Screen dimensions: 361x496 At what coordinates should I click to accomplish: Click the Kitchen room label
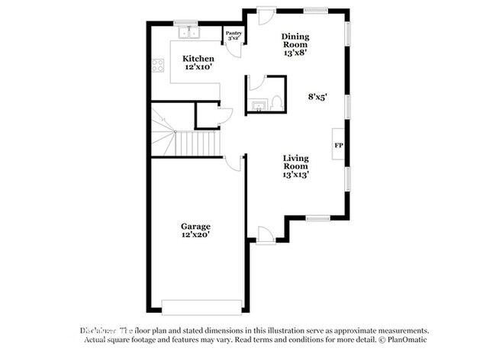point(198,59)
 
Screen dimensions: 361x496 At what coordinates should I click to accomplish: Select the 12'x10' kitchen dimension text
point(198,67)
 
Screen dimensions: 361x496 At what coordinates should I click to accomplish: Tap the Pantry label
point(233,34)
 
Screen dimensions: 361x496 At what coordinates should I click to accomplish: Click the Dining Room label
point(295,40)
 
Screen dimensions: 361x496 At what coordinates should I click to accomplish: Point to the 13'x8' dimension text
point(295,53)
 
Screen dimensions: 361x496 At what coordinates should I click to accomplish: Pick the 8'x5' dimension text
point(318,97)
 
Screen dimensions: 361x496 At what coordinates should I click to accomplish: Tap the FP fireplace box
point(338,144)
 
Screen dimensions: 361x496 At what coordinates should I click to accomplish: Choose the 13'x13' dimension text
point(295,175)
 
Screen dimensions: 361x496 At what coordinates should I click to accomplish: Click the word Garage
point(195,227)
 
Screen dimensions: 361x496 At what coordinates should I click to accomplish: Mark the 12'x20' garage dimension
point(195,236)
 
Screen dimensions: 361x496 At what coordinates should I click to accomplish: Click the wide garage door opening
point(201,307)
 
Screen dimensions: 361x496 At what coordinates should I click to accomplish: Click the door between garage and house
point(234,163)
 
